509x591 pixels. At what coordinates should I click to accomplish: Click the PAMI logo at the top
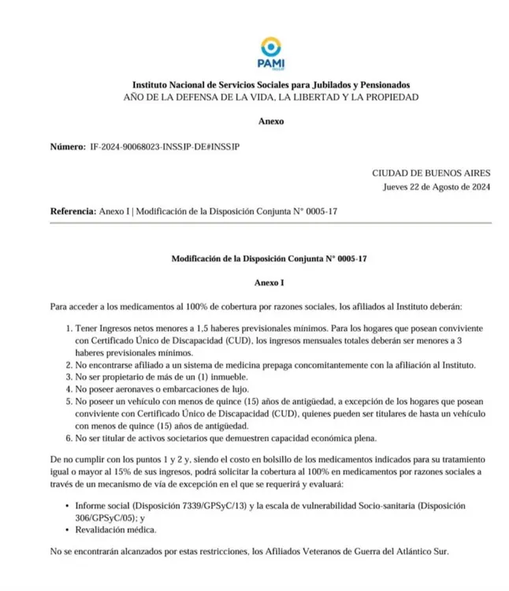(271, 50)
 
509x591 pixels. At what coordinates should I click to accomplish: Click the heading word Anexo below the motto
(271, 121)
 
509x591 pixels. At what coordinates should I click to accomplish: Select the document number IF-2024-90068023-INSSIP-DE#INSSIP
(165, 147)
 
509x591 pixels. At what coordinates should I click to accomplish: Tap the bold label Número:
(68, 147)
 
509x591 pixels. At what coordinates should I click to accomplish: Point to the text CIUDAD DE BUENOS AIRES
(432, 173)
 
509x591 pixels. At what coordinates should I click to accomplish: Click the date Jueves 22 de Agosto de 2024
(437, 187)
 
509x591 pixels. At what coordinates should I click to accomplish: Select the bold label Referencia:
(73, 212)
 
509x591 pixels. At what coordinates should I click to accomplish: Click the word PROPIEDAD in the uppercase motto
(386, 97)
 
